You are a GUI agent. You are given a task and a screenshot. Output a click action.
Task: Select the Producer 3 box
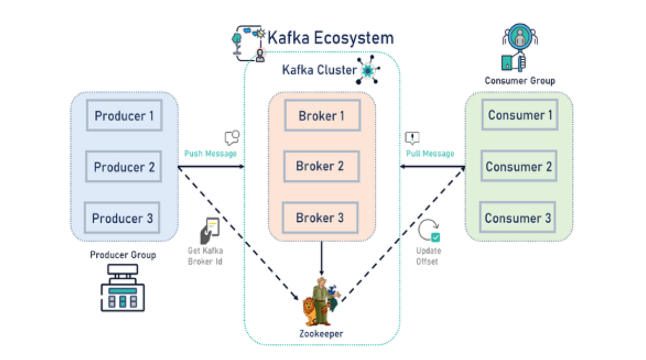tap(123, 218)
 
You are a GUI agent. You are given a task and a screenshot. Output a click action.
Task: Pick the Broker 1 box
tap(322, 115)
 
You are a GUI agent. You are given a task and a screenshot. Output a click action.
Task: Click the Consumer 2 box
tap(519, 166)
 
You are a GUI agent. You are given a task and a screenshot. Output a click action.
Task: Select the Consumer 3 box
tap(519, 218)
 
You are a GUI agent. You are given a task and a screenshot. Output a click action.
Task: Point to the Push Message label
tap(210, 153)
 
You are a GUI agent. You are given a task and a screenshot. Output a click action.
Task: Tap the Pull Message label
tap(430, 153)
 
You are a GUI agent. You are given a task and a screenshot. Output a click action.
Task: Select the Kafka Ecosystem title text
tap(331, 38)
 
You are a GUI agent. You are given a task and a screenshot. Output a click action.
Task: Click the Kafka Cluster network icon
tap(368, 70)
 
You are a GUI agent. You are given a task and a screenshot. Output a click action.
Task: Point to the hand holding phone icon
tap(209, 231)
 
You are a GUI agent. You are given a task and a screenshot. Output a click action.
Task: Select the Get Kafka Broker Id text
tap(205, 256)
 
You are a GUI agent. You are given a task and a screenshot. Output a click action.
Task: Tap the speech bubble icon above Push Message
tap(231, 138)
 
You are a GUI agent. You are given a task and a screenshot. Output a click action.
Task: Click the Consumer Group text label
tap(519, 81)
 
